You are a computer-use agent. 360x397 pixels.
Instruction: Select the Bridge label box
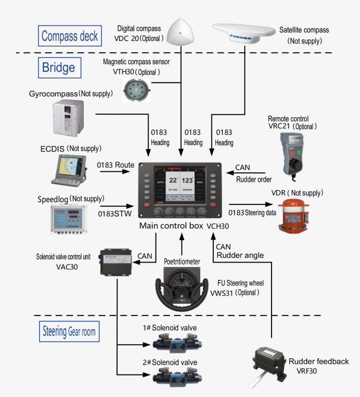58,67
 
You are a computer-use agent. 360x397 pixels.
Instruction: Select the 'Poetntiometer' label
184,261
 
